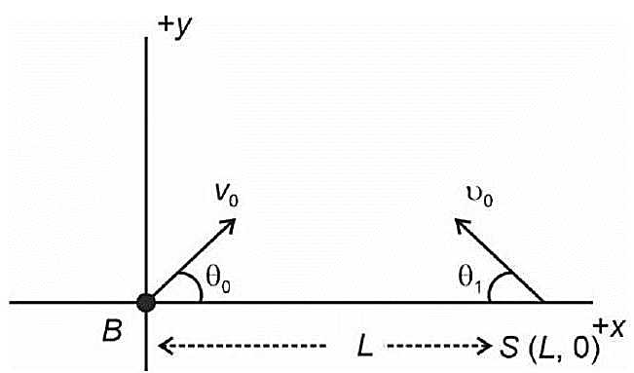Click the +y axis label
175,26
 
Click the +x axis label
611,327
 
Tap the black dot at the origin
145,302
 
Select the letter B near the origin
112,331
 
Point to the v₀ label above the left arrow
226,197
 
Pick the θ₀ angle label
218,278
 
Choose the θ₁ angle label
470,278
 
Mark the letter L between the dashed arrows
364,347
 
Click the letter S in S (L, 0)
509,347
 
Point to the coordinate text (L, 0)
565,347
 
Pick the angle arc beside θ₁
494,284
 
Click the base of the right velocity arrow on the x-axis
543,301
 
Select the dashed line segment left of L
242,346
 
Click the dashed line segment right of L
439,346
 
